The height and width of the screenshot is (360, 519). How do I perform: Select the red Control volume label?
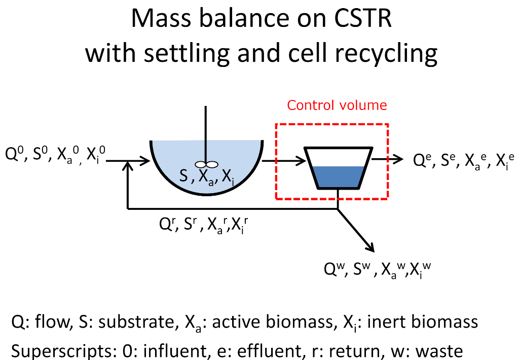(x=337, y=105)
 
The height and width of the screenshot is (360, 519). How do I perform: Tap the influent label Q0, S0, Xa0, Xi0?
(x=55, y=155)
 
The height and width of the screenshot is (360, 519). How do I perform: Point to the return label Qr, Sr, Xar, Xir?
(x=203, y=226)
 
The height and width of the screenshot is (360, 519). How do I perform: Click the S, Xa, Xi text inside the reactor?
(x=205, y=178)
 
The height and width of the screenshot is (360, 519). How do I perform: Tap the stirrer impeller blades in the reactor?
(x=206, y=164)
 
